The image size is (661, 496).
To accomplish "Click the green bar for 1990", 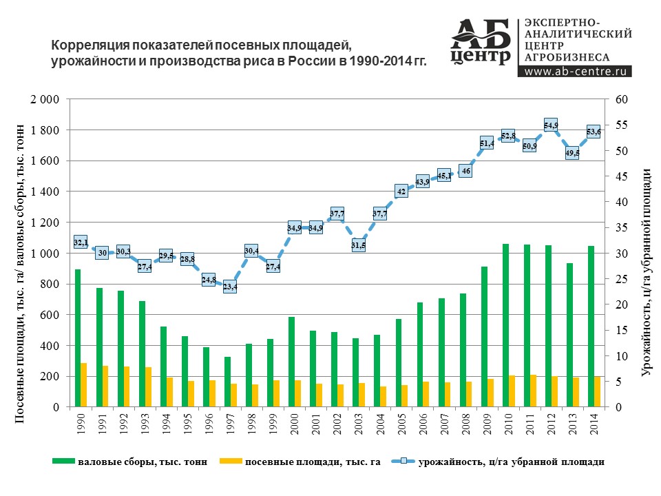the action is (x=78, y=338).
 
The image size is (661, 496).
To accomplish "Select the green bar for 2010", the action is (x=505, y=325).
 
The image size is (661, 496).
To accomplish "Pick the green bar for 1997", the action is (x=227, y=382).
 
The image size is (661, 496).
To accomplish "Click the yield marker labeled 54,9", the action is (x=551, y=125).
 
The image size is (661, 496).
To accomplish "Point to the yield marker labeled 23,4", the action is (x=230, y=287).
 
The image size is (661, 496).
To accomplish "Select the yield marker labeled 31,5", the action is (x=358, y=245).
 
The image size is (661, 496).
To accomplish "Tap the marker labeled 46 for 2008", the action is (x=465, y=171).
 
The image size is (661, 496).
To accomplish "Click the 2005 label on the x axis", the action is (x=401, y=424).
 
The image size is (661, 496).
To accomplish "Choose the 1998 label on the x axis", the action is (x=252, y=424).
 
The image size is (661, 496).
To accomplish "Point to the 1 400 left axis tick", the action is (x=45, y=192).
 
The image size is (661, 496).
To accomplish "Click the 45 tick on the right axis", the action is (x=622, y=176).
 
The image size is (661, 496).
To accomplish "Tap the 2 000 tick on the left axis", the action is (x=45, y=99).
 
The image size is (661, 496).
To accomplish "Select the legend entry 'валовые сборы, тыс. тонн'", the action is (x=130, y=462).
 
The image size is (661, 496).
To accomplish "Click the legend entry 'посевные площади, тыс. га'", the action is (x=300, y=462).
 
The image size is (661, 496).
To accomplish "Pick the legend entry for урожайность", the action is (x=498, y=462).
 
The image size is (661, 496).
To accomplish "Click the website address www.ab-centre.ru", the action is (x=575, y=71).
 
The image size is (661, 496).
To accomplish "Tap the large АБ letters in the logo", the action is (x=481, y=34).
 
